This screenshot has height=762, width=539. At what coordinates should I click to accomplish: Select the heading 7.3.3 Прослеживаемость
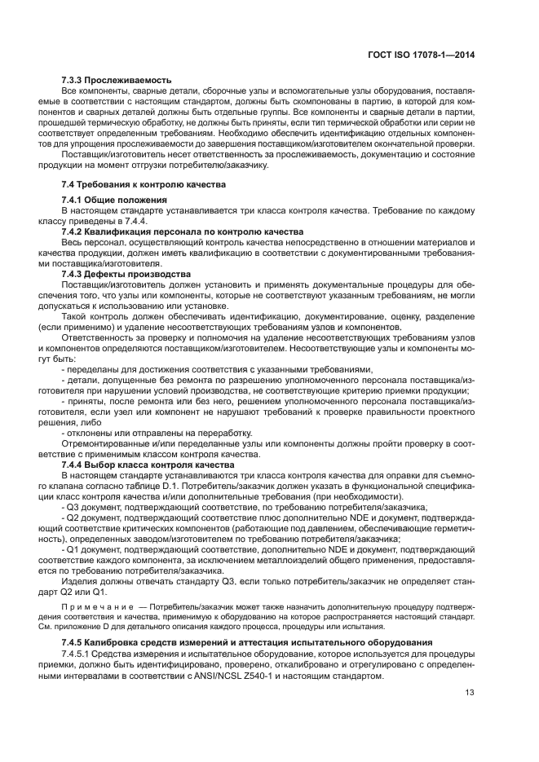[117, 80]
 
